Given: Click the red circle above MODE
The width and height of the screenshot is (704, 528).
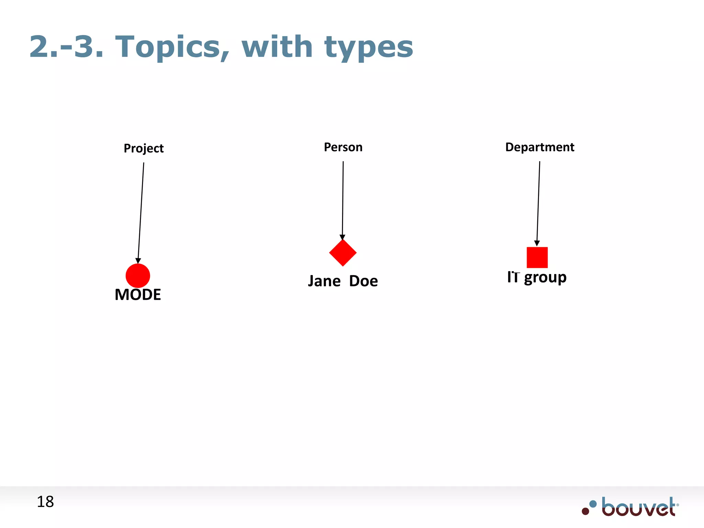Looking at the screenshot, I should [x=138, y=276].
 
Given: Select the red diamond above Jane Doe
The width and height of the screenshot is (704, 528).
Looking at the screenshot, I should [x=343, y=253].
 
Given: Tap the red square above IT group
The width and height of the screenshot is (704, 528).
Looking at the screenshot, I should [x=537, y=257].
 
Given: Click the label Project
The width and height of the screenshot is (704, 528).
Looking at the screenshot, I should [x=144, y=148].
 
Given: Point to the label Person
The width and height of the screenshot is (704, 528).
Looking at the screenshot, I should [x=343, y=147].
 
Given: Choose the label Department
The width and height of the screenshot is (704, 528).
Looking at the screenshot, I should [x=540, y=147].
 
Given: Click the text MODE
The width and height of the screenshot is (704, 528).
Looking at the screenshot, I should [x=138, y=295].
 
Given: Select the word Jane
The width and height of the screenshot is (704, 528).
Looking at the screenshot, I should [x=324, y=281].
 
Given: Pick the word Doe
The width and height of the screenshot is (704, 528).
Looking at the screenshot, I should [x=363, y=281].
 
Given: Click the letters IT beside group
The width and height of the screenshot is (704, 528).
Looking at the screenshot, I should [x=513, y=277].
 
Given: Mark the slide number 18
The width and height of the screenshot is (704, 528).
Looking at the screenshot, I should [x=45, y=502].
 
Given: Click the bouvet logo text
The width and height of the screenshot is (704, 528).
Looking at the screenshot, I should [x=639, y=507].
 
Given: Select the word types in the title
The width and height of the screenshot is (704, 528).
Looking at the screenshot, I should [x=368, y=47].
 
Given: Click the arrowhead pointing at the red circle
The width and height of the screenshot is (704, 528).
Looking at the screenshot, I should [x=138, y=261].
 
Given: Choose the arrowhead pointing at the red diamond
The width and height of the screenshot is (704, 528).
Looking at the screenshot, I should [x=342, y=237].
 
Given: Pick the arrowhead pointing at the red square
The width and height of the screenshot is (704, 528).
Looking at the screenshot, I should [x=537, y=243].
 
